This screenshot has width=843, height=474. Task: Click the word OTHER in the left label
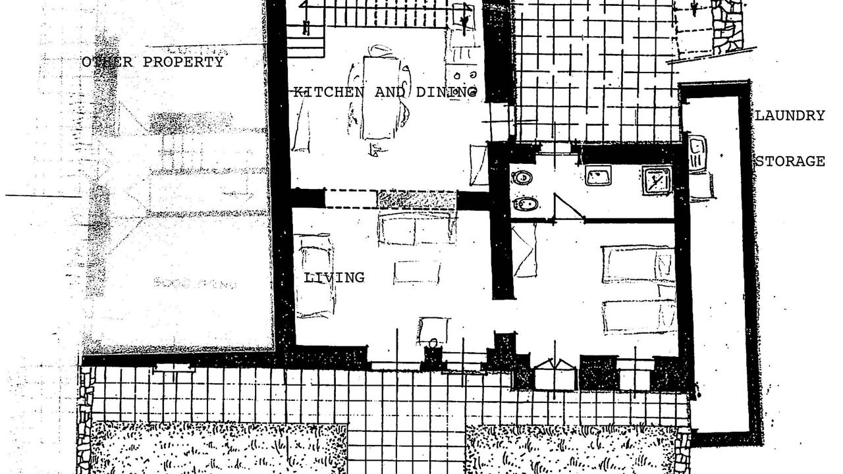[x=107, y=62]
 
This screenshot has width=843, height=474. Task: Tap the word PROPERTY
[x=183, y=62]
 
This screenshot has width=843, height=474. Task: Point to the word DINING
[x=447, y=92]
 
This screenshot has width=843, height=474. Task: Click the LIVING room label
[x=334, y=278]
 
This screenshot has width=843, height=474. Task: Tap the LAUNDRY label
[x=790, y=115]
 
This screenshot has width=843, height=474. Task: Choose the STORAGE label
[x=790, y=161]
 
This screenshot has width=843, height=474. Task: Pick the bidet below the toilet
[x=526, y=204]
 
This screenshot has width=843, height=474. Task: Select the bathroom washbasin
[x=598, y=176]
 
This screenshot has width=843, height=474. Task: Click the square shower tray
[x=657, y=182]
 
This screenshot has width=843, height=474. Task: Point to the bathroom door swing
[x=568, y=206]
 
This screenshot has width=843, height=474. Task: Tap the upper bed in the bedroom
[x=638, y=265]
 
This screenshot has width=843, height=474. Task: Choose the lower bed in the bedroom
[x=639, y=317]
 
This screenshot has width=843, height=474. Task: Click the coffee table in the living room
[x=417, y=272]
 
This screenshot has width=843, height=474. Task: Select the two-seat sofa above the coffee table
[x=417, y=228]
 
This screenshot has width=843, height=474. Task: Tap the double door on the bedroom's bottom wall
[x=555, y=375]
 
